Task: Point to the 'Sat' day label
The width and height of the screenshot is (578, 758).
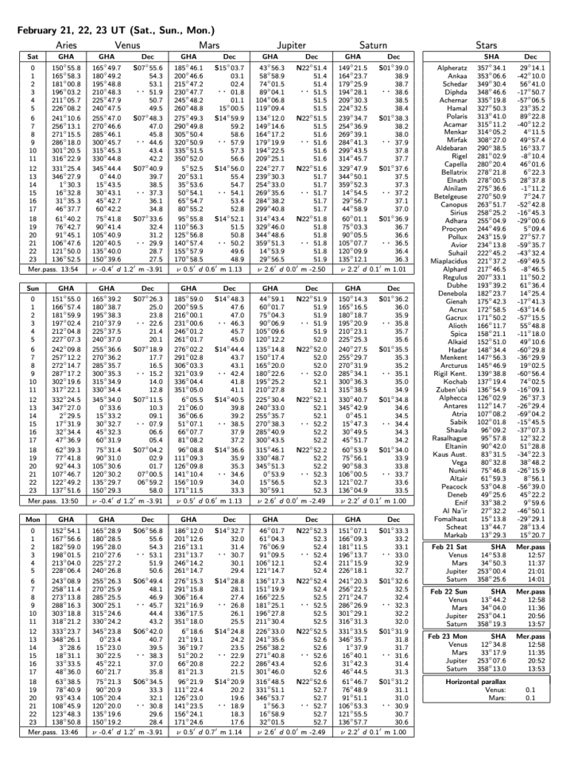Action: (x=33, y=56)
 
